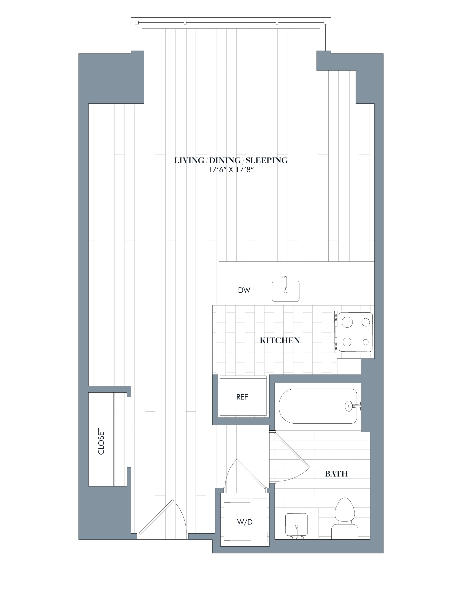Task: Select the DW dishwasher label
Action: click(244, 290)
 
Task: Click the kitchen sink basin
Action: click(285, 291)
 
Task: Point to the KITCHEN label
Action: click(280, 340)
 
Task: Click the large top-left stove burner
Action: click(348, 322)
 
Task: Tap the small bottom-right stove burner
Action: click(366, 342)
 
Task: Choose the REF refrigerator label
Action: click(242, 397)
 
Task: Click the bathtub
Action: click(318, 406)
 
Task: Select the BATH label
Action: click(336, 474)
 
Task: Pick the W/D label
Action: click(245, 522)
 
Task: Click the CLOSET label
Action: click(101, 441)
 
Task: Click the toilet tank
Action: click(344, 532)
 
